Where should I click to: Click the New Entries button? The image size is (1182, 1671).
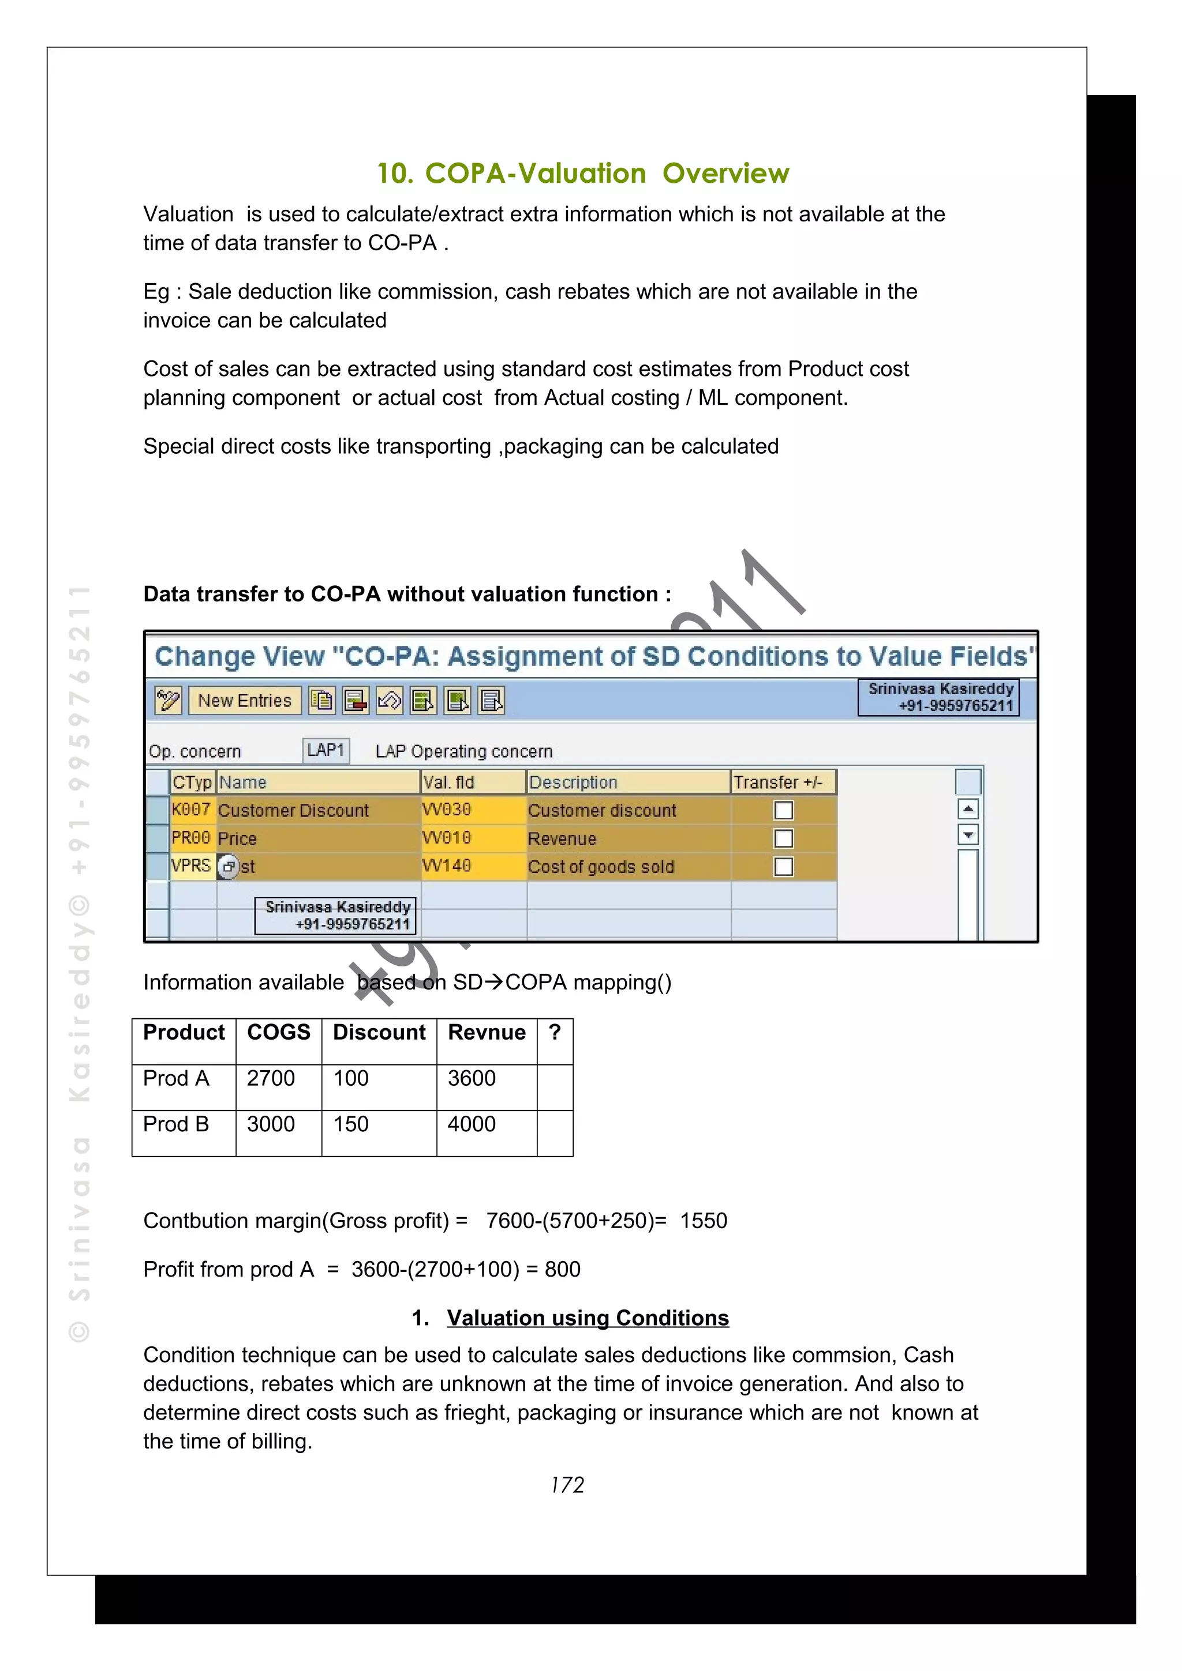(x=244, y=700)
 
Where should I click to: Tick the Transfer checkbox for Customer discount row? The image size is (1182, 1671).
(x=783, y=810)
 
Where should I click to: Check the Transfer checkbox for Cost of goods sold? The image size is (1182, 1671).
(x=783, y=866)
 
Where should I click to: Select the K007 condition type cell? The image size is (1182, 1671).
(x=191, y=810)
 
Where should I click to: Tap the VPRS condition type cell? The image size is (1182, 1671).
(x=191, y=866)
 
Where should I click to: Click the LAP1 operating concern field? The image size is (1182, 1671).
(x=326, y=750)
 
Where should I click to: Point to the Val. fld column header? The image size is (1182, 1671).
(x=448, y=782)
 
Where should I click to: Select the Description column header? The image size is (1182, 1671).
(x=573, y=782)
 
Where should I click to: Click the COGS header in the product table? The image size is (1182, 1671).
(x=278, y=1033)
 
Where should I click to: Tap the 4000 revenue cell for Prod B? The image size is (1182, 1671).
(x=471, y=1124)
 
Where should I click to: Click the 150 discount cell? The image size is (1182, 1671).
(x=351, y=1124)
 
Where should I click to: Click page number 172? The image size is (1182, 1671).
(x=567, y=1485)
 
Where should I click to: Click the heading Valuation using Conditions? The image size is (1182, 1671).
(x=587, y=1318)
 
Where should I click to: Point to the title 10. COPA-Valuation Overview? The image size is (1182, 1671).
(x=582, y=173)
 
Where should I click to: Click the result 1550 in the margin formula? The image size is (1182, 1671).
(x=704, y=1221)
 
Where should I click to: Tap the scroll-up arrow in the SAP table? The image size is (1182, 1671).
(x=968, y=808)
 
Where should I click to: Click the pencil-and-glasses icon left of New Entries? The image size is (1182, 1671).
(x=168, y=700)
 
